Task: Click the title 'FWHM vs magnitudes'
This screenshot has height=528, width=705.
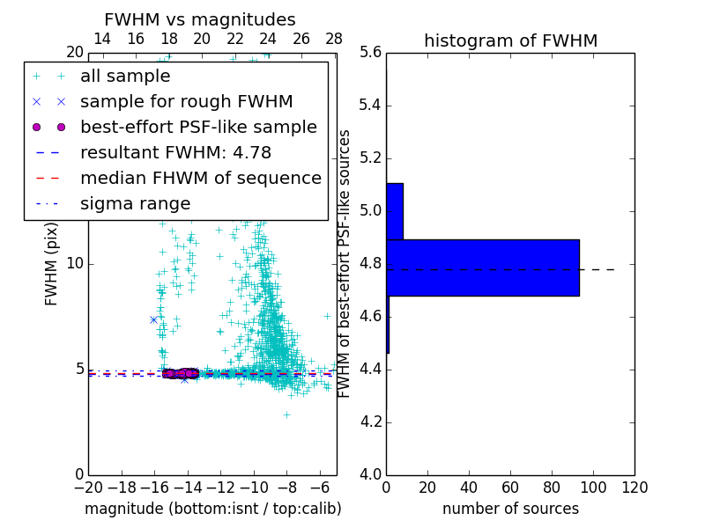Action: point(200,19)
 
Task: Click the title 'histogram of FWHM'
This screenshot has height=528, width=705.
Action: point(510,40)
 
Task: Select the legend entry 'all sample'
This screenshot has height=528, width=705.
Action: point(125,77)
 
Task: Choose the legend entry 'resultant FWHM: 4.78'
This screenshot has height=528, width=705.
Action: point(175,152)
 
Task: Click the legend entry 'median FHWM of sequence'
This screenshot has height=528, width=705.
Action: point(200,178)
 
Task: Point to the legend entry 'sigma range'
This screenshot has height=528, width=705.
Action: point(135,203)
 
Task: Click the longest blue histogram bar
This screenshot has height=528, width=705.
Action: point(482,268)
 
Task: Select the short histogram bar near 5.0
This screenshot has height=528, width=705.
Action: point(394,211)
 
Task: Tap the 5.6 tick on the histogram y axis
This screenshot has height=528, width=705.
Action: point(370,53)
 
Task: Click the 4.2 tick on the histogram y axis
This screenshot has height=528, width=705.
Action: point(370,422)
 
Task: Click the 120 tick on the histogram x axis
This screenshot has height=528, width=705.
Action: point(634,488)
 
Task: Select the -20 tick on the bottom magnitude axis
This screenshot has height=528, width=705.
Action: point(88,488)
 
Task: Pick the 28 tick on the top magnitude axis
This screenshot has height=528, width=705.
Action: point(334,40)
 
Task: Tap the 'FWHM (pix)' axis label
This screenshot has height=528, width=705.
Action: point(52,263)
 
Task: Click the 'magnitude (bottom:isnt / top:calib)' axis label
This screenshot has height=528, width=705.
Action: point(212,509)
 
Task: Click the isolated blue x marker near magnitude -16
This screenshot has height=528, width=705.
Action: point(153,319)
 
